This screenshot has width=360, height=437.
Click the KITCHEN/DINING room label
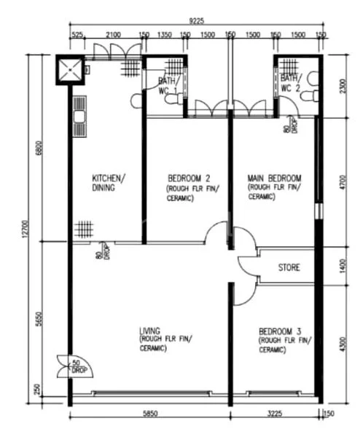click(x=108, y=183)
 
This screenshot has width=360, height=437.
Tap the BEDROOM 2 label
click(x=189, y=178)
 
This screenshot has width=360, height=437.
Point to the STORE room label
click(x=289, y=268)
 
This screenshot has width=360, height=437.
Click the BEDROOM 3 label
click(x=279, y=331)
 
